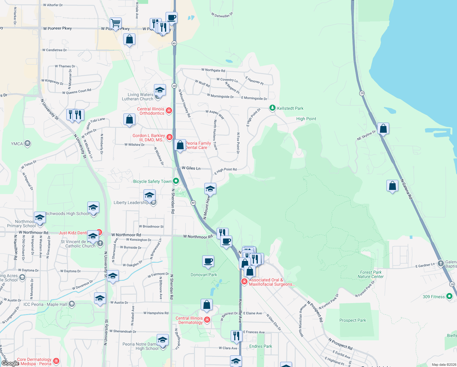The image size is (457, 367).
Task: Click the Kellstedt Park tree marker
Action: [x=272, y=108]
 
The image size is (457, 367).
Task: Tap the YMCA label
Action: [x=17, y=144]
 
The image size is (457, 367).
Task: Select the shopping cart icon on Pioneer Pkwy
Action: [x=115, y=23]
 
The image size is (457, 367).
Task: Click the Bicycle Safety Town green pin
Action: [x=176, y=181]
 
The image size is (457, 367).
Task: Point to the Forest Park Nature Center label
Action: [x=371, y=274]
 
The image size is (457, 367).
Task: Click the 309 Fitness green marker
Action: [x=449, y=296]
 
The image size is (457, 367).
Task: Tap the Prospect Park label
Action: [x=353, y=320]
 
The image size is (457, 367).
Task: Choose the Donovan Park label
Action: [x=204, y=275]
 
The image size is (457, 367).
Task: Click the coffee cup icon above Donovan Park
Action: [x=208, y=261]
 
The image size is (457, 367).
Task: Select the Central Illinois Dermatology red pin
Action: [x=207, y=320]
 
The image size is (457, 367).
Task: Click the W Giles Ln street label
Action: [x=191, y=168]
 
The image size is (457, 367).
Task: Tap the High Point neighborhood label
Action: [x=306, y=119]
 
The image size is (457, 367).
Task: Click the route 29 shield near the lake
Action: [x=362, y=93]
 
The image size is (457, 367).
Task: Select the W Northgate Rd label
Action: [x=213, y=70]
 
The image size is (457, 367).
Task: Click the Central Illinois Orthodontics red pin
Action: [x=169, y=110]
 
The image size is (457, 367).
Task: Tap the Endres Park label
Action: [x=261, y=346]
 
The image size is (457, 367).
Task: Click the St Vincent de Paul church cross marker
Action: [x=100, y=243]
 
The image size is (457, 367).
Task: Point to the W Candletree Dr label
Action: [x=54, y=50]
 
